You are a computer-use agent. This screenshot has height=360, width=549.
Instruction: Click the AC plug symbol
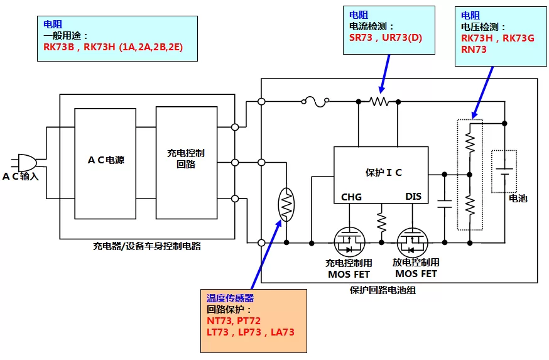[x=24, y=163]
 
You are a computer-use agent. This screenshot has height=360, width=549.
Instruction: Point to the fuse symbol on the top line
[x=315, y=102]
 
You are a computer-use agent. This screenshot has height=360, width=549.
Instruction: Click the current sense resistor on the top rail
[x=379, y=102]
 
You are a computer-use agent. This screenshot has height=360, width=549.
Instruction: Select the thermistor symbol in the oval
[x=286, y=205]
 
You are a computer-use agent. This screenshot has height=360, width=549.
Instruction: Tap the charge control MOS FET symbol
[x=349, y=243]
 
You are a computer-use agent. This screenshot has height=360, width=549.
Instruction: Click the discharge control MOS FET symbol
[x=413, y=243]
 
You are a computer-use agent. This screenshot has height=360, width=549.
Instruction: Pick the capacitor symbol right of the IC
[x=445, y=204]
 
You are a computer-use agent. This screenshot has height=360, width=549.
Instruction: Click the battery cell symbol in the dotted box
[x=504, y=172]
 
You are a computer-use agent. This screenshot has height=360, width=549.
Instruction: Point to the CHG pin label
[x=351, y=197]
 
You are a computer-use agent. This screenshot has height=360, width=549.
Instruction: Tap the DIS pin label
[x=413, y=197]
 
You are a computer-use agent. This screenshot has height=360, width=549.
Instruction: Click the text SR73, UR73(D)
[x=386, y=38]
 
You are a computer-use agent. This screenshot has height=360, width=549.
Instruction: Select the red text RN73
[x=474, y=50]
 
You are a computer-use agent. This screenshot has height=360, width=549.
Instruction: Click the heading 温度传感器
[x=230, y=298]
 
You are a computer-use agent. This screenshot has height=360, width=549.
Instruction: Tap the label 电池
[x=518, y=198]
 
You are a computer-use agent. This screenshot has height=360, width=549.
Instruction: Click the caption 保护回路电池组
[x=383, y=290]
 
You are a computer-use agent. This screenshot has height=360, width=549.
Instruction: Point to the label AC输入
[x=20, y=176]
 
